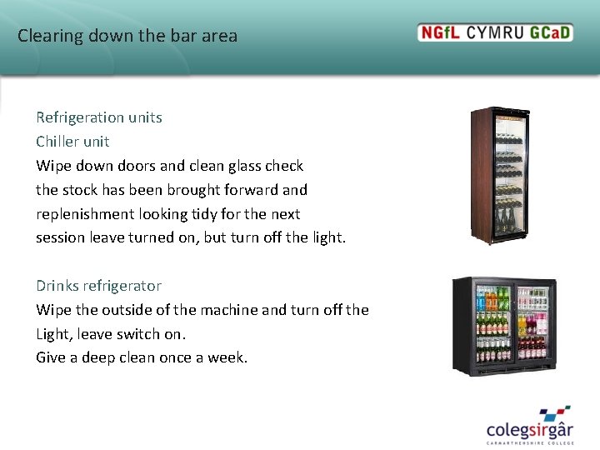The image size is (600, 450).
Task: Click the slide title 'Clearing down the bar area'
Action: tap(127, 36)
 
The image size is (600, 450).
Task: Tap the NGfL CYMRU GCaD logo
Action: tap(495, 33)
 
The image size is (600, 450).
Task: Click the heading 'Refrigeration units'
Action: tap(99, 117)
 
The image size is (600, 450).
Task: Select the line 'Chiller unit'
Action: tap(72, 142)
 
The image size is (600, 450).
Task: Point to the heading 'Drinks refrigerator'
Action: tap(98, 286)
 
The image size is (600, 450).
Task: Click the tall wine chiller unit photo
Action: tap(500, 175)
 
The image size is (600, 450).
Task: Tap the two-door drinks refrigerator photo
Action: tap(504, 325)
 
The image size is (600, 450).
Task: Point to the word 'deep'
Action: tap(101, 358)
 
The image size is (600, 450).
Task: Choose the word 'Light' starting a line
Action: tap(52, 334)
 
